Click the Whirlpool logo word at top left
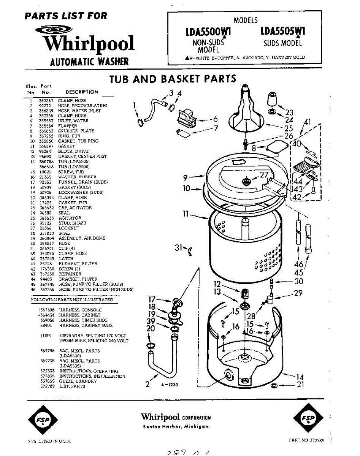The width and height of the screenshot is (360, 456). tap(89, 43)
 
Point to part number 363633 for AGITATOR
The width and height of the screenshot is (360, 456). tap(46, 218)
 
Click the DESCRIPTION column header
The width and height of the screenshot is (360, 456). tap(82, 92)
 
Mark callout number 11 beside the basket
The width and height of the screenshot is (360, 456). tap(186, 214)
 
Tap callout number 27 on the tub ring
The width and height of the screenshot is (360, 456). tap(264, 175)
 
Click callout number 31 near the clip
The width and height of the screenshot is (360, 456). tap(179, 247)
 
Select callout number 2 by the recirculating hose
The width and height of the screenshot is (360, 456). tap(148, 384)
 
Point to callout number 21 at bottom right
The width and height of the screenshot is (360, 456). tap(300, 385)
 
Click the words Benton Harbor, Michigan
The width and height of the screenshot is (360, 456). tap(176, 426)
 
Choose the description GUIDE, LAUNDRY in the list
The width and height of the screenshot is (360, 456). tap(78, 381)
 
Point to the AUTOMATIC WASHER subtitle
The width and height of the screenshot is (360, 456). tap(89, 62)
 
